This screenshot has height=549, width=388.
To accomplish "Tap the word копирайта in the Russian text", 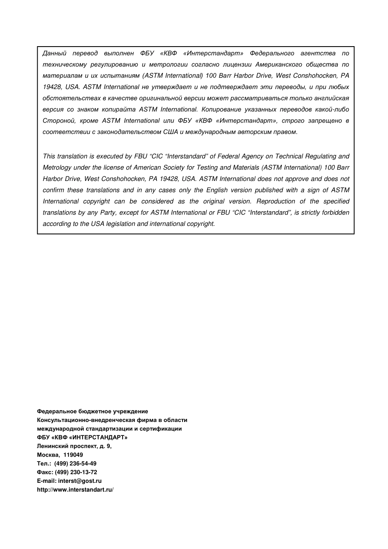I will pos(120,109).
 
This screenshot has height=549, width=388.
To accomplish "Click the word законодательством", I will pos(129,132).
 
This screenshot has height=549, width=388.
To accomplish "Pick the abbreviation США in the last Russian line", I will pos(170,132).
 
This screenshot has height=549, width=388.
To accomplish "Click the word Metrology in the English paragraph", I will pos(57,167).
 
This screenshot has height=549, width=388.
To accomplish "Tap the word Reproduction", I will pos(276,201).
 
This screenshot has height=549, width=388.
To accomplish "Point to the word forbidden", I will pos(335,212).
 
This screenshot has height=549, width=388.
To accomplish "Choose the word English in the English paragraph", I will pos(217,190).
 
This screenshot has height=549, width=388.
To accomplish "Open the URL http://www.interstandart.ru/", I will pos(75,489).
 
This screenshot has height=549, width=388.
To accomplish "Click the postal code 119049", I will pos(73,455).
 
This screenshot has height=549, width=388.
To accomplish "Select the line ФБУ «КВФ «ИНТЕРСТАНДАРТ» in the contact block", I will pos(82,437).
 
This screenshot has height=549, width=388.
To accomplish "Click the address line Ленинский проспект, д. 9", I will pos(74,446).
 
